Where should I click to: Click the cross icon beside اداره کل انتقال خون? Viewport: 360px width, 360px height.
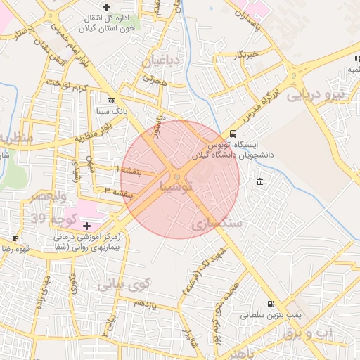click(x=106, y=7)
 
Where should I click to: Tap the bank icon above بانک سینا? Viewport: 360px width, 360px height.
click(x=111, y=101)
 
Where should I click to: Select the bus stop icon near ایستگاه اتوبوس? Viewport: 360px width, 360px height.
click(x=233, y=134)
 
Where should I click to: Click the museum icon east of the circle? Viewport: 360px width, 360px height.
click(x=261, y=182)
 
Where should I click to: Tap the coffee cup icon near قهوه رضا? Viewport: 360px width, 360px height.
click(x=16, y=238)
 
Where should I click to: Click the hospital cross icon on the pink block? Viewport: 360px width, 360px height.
click(x=87, y=226)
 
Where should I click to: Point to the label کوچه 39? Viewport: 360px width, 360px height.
click(x=45, y=219)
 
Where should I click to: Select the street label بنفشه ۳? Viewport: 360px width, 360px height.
click(x=118, y=191)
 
